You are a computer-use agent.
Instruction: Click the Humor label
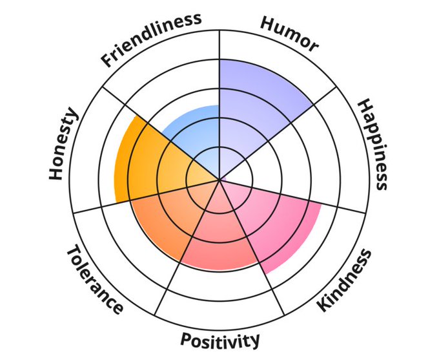pos(289,33)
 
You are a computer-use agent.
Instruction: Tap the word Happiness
pos(373,144)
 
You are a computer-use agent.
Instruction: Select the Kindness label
pos(345,280)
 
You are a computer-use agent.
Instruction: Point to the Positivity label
pos(220,339)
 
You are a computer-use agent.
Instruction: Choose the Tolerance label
pos(94,279)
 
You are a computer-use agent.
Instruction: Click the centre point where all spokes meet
pos(220,179)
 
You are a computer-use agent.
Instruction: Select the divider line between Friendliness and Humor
pos(220,78)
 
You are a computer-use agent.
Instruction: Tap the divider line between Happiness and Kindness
pos(303,198)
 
